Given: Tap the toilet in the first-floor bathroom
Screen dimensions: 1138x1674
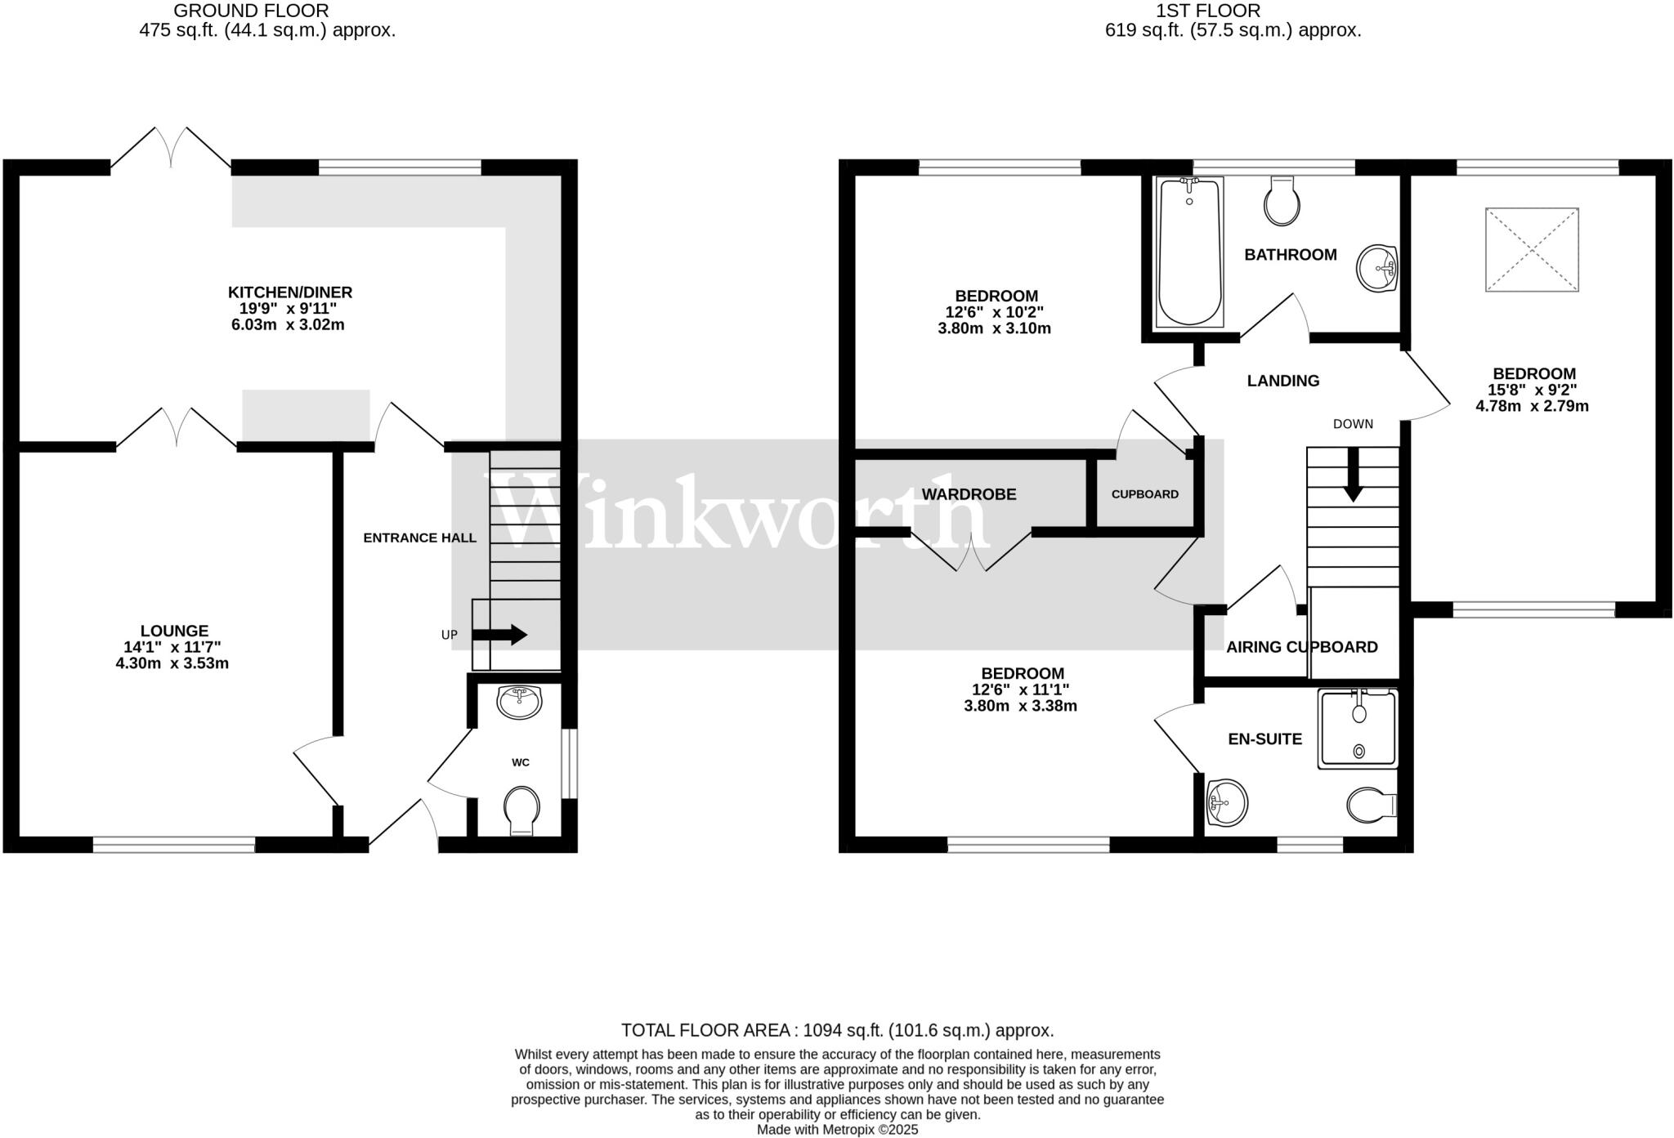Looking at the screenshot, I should (1282, 202).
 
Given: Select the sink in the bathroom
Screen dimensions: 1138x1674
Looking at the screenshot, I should (1377, 267).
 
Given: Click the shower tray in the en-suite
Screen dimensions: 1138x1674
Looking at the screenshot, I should (1358, 729).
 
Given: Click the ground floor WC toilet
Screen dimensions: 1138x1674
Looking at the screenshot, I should (522, 810).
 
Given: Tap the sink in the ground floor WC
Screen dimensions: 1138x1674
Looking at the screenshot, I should (519, 701).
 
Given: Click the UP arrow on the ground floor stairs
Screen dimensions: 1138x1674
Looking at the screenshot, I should (499, 634).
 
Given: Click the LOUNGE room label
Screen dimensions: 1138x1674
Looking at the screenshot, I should (174, 631).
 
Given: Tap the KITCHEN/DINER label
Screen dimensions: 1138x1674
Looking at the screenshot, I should (289, 292).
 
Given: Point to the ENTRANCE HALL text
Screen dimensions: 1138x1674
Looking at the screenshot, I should (419, 538).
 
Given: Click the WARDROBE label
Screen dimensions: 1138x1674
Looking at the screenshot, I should (969, 494).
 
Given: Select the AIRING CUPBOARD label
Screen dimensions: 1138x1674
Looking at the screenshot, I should (1301, 647).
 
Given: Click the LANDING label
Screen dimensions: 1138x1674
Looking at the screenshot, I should (1282, 381).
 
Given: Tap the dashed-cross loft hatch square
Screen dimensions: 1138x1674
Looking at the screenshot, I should (1531, 249).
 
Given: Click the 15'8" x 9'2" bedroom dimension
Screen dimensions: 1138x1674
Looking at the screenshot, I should (1532, 390).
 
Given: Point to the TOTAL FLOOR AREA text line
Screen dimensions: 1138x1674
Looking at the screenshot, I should (837, 1030).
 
